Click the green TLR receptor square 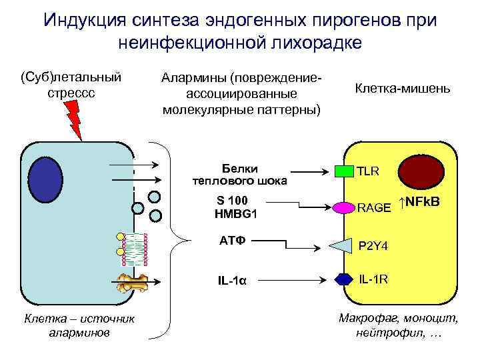(343, 171)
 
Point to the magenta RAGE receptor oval (343, 207)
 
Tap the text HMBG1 (236, 214)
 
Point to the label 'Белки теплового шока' (239, 174)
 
